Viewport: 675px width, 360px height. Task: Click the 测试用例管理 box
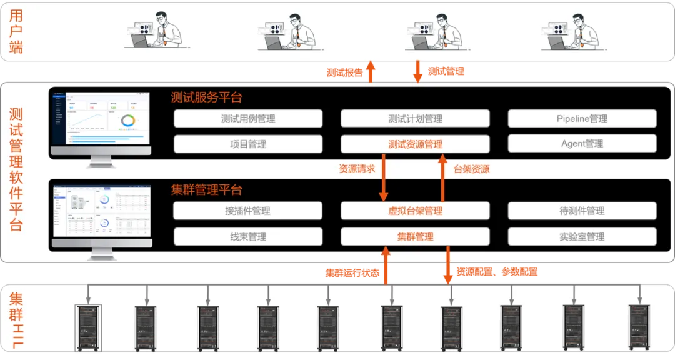click(x=248, y=119)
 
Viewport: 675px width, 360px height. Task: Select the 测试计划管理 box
click(x=415, y=119)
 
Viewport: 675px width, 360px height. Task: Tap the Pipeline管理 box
click(x=582, y=119)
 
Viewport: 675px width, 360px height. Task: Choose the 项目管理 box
click(x=248, y=144)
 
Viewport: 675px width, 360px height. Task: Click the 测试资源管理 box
click(x=415, y=144)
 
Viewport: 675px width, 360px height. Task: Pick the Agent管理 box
click(x=582, y=144)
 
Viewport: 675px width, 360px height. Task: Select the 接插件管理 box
click(x=248, y=211)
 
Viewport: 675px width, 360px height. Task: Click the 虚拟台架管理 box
click(x=415, y=211)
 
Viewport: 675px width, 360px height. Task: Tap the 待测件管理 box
click(x=582, y=211)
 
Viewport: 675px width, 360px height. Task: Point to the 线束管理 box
click(x=248, y=237)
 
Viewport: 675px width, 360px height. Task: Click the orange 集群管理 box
click(x=415, y=237)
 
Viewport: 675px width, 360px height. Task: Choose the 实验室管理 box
click(x=582, y=237)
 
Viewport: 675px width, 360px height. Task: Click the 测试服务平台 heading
click(x=206, y=97)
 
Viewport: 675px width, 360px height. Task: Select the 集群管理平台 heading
click(x=206, y=189)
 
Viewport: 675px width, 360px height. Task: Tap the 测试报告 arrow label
click(x=344, y=72)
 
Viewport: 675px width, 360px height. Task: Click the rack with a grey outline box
click(x=88, y=328)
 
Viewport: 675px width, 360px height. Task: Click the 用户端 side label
click(x=16, y=31)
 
